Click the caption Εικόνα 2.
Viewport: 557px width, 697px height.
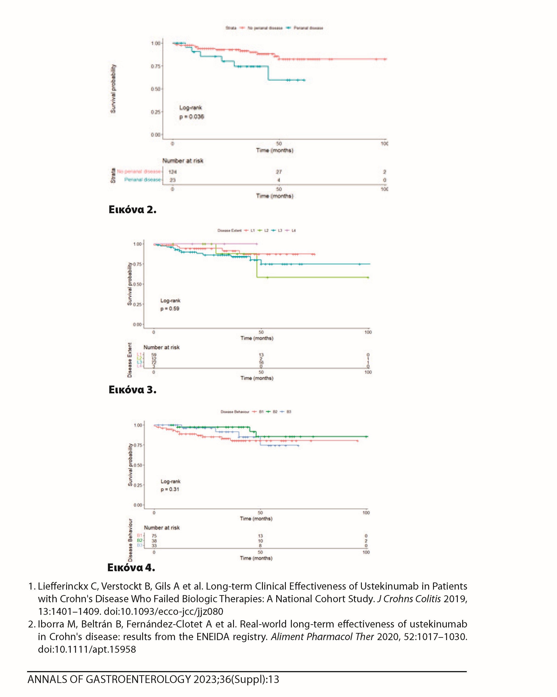132,210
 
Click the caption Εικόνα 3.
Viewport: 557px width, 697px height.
132,390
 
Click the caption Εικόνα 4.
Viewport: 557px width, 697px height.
131,567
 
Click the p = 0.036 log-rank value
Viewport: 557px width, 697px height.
192,117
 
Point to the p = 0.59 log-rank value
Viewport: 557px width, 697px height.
170,309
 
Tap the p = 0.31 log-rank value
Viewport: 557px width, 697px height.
170,489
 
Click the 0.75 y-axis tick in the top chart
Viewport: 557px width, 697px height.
156,66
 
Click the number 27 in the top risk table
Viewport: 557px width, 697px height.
278,172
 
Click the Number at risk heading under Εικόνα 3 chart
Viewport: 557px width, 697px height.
161,347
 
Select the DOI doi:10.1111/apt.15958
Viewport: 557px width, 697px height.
87,649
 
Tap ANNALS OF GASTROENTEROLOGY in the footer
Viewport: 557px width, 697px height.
109,680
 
